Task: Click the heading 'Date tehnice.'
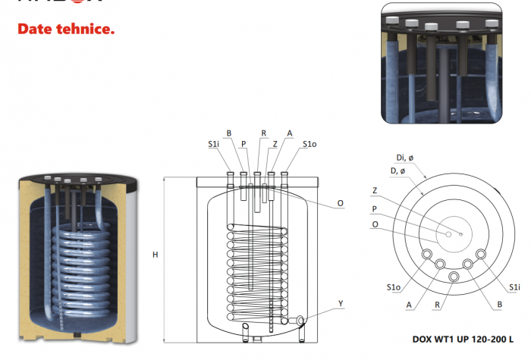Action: [66, 30]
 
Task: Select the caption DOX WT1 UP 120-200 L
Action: [462, 338]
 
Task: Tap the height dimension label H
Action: [155, 255]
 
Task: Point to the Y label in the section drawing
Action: [341, 303]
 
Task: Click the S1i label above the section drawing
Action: [215, 143]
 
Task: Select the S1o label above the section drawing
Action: [309, 143]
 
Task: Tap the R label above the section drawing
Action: [263, 133]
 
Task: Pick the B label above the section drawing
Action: [228, 133]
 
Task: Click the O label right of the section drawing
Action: [341, 203]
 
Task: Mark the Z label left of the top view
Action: [374, 191]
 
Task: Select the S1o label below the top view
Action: [393, 287]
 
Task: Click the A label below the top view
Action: [410, 305]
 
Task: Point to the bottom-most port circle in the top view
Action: [454, 277]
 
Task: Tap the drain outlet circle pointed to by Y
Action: [301, 319]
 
